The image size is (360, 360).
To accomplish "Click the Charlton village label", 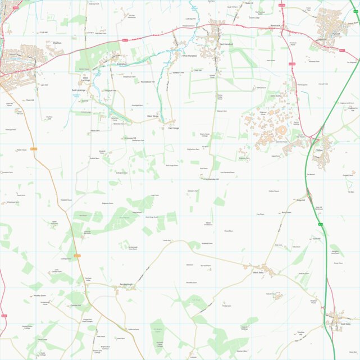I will [x=57, y=43].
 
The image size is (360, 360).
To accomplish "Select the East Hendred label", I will [x=226, y=44].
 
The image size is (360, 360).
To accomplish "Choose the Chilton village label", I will [x=320, y=151].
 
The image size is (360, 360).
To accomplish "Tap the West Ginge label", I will [x=153, y=116].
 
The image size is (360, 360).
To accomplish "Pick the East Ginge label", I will [x=174, y=128].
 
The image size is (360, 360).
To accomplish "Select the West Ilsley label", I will [x=258, y=273].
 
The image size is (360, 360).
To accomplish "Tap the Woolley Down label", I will [x=39, y=295].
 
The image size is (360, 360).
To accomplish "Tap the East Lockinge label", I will [x=78, y=90].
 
